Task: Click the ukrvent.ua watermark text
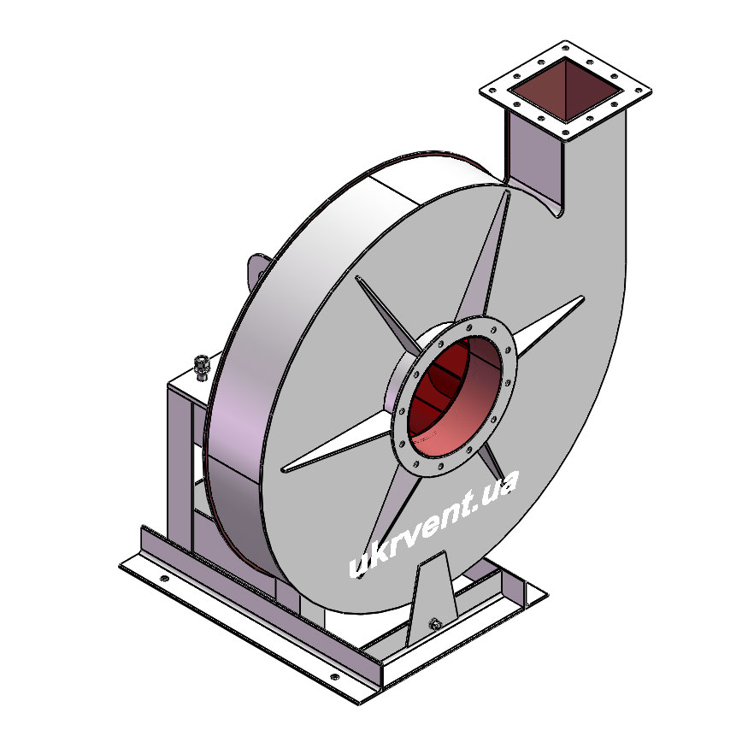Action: click(x=433, y=525)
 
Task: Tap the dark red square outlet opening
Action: click(x=565, y=90)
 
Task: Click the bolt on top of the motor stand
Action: click(x=202, y=368)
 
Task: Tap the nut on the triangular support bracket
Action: click(x=434, y=623)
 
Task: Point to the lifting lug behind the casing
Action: click(x=256, y=272)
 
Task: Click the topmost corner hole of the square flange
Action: click(x=566, y=48)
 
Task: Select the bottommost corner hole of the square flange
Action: click(x=565, y=133)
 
